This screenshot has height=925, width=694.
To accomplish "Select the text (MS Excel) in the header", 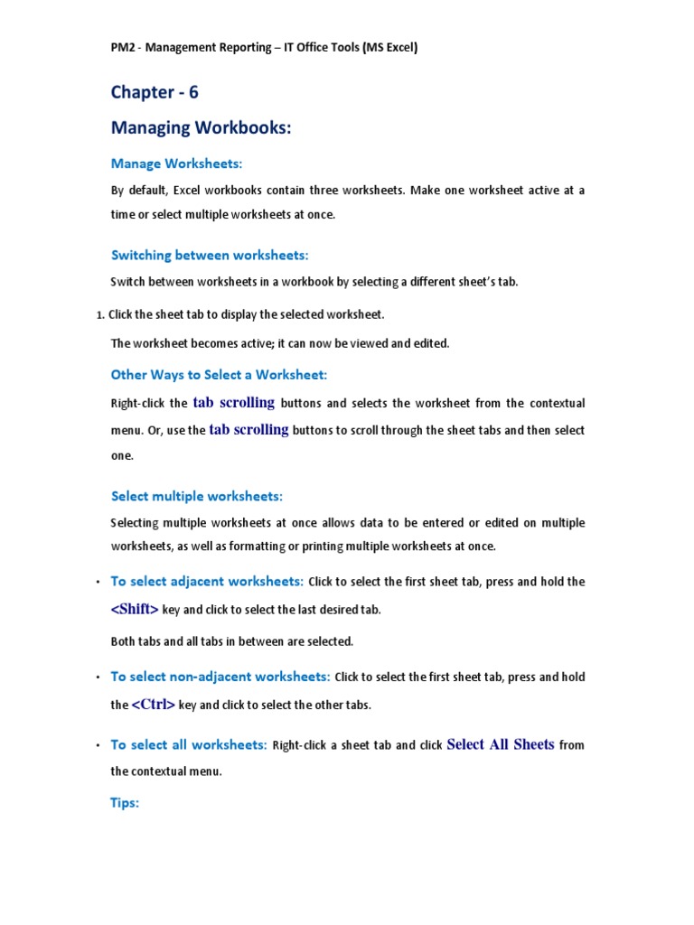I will [389, 48].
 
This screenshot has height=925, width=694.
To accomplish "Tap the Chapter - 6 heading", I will [155, 92].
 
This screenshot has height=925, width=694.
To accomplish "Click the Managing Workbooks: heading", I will [201, 128].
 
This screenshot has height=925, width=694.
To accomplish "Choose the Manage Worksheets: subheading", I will [177, 164].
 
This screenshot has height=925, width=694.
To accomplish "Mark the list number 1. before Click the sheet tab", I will [99, 315].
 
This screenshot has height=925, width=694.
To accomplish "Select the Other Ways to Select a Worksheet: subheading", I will [219, 374].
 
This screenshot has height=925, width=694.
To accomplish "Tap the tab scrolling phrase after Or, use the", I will [249, 430].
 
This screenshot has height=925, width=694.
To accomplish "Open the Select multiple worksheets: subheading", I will [197, 496].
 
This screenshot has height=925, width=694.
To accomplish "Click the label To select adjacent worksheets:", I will [206, 581].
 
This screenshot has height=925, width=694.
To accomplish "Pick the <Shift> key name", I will [135, 610].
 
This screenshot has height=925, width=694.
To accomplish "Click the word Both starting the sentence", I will [124, 641].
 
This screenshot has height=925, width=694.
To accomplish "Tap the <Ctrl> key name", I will [154, 705].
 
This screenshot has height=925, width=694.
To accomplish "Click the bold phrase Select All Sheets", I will [501, 745].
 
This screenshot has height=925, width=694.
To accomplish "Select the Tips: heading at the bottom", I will [125, 802].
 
